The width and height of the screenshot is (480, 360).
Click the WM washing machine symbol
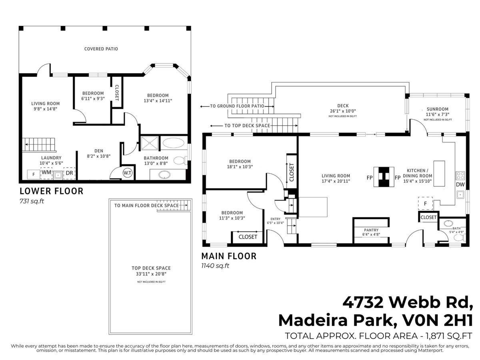point(46,173)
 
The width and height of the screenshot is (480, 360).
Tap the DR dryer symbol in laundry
point(69,173)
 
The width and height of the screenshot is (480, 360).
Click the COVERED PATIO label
point(101,49)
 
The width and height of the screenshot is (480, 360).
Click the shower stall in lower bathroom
point(149,143)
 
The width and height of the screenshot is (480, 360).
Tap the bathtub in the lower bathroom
point(174,143)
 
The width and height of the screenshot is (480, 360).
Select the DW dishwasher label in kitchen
point(460,185)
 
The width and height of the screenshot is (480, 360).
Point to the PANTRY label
point(371,230)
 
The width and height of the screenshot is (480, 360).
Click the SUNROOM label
point(437,109)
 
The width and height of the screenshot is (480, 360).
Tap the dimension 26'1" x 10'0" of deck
point(343,111)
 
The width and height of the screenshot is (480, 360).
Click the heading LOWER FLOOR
point(51,191)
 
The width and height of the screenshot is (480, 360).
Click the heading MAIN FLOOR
point(228,256)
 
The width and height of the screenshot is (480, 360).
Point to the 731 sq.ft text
point(32,201)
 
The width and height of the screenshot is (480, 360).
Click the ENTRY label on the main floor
point(275,219)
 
